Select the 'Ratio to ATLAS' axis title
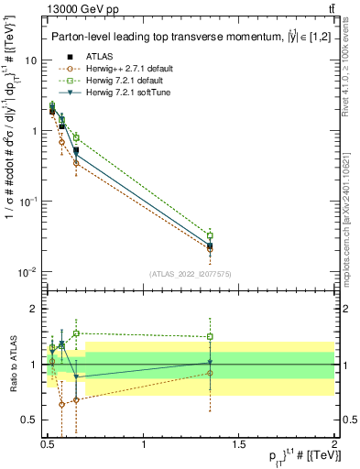click(11, 364)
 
